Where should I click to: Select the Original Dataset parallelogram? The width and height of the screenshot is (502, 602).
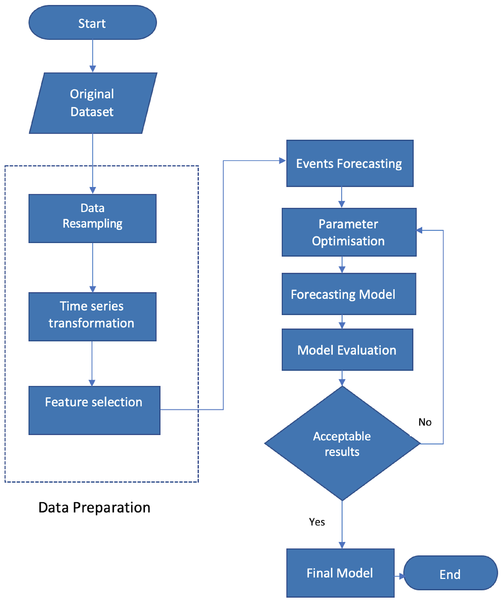93,103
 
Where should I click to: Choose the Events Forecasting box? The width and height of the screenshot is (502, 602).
350,163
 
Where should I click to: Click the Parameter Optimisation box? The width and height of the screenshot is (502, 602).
349,232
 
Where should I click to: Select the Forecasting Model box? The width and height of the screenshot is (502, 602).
349,294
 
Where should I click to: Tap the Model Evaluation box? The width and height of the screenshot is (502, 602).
347,350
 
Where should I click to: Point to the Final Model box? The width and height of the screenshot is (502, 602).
340,573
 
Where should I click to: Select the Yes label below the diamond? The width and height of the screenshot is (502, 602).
317,522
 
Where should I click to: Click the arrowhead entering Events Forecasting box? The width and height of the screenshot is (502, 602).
282,161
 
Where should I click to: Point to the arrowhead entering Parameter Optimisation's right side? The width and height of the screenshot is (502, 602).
419,230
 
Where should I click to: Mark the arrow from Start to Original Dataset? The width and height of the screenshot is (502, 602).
93,56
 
